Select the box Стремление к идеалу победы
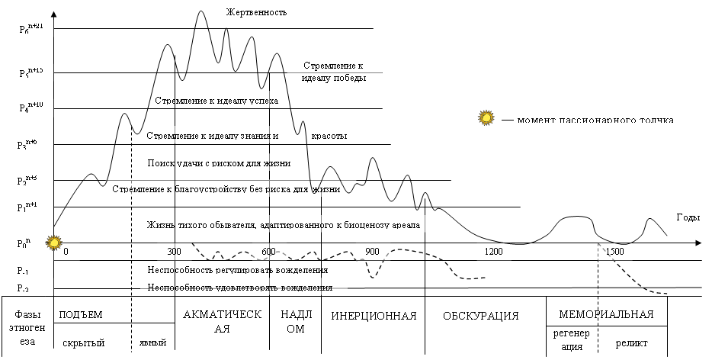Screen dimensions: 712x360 [334, 72]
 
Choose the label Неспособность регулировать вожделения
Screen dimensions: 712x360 [238, 269]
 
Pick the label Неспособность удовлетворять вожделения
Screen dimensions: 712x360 [239, 288]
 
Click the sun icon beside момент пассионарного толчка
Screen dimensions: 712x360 [486, 118]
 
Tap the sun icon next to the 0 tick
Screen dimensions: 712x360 [54, 244]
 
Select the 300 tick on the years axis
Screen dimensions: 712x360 [174, 252]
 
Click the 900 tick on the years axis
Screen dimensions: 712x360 [372, 252]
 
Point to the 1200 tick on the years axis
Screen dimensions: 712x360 [494, 252]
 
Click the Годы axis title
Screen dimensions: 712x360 [688, 217]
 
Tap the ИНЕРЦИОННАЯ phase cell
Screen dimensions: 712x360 [373, 316]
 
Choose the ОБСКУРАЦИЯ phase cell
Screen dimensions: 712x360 [480, 316]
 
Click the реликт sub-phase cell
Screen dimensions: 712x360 [631, 342]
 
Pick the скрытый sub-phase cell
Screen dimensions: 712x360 [82, 343]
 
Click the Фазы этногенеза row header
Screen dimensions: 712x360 [24, 328]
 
